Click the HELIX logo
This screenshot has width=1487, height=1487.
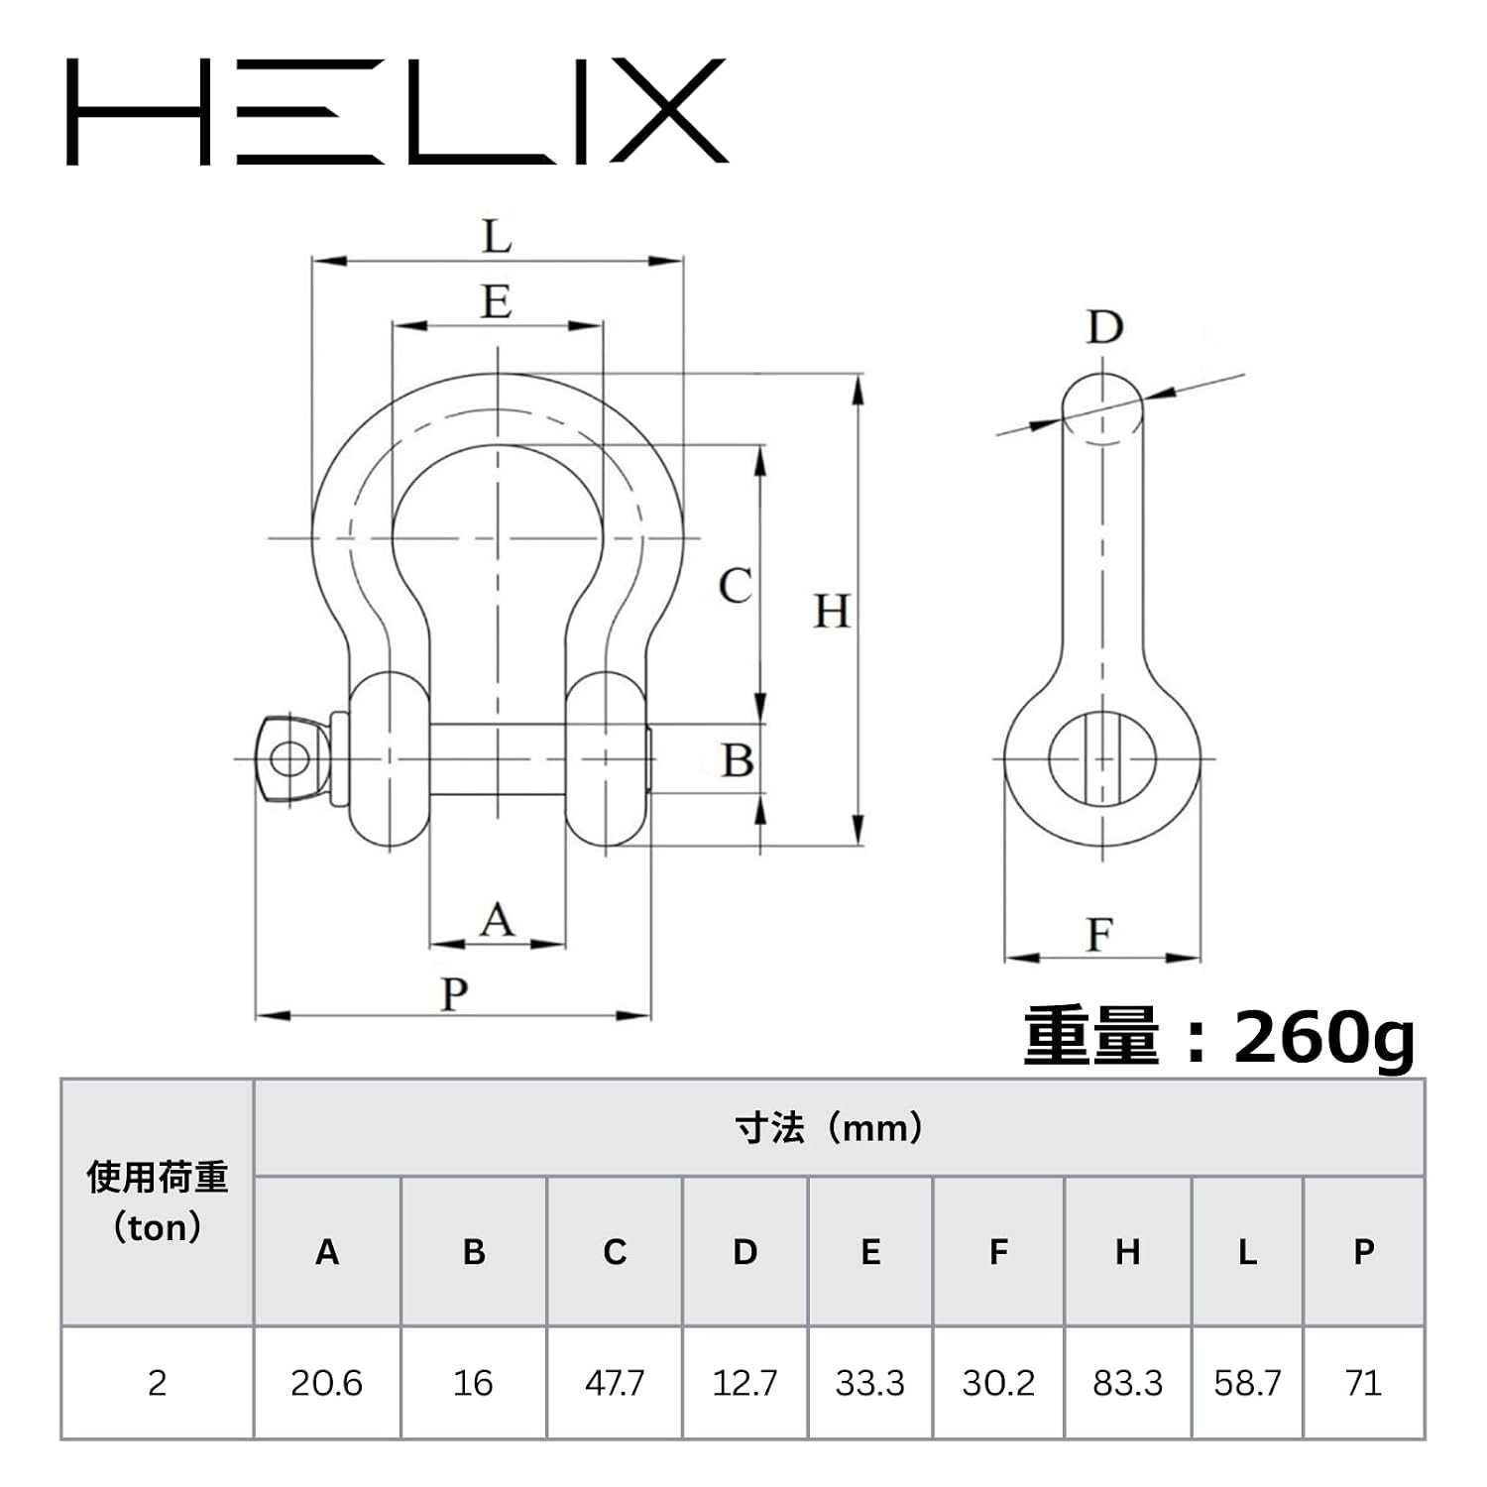click(397, 111)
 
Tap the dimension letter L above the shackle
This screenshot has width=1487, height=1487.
click(497, 237)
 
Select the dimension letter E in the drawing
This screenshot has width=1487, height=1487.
click(497, 300)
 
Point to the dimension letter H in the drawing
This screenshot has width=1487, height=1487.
click(832, 611)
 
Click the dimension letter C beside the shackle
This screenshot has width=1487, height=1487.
click(735, 585)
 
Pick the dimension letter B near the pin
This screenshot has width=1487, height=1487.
click(737, 760)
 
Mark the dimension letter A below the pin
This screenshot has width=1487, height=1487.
click(497, 920)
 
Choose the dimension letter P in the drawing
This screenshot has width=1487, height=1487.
click(454, 993)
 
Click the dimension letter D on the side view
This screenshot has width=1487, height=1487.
click(1104, 326)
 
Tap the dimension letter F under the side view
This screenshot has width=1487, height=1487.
click(1099, 935)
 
